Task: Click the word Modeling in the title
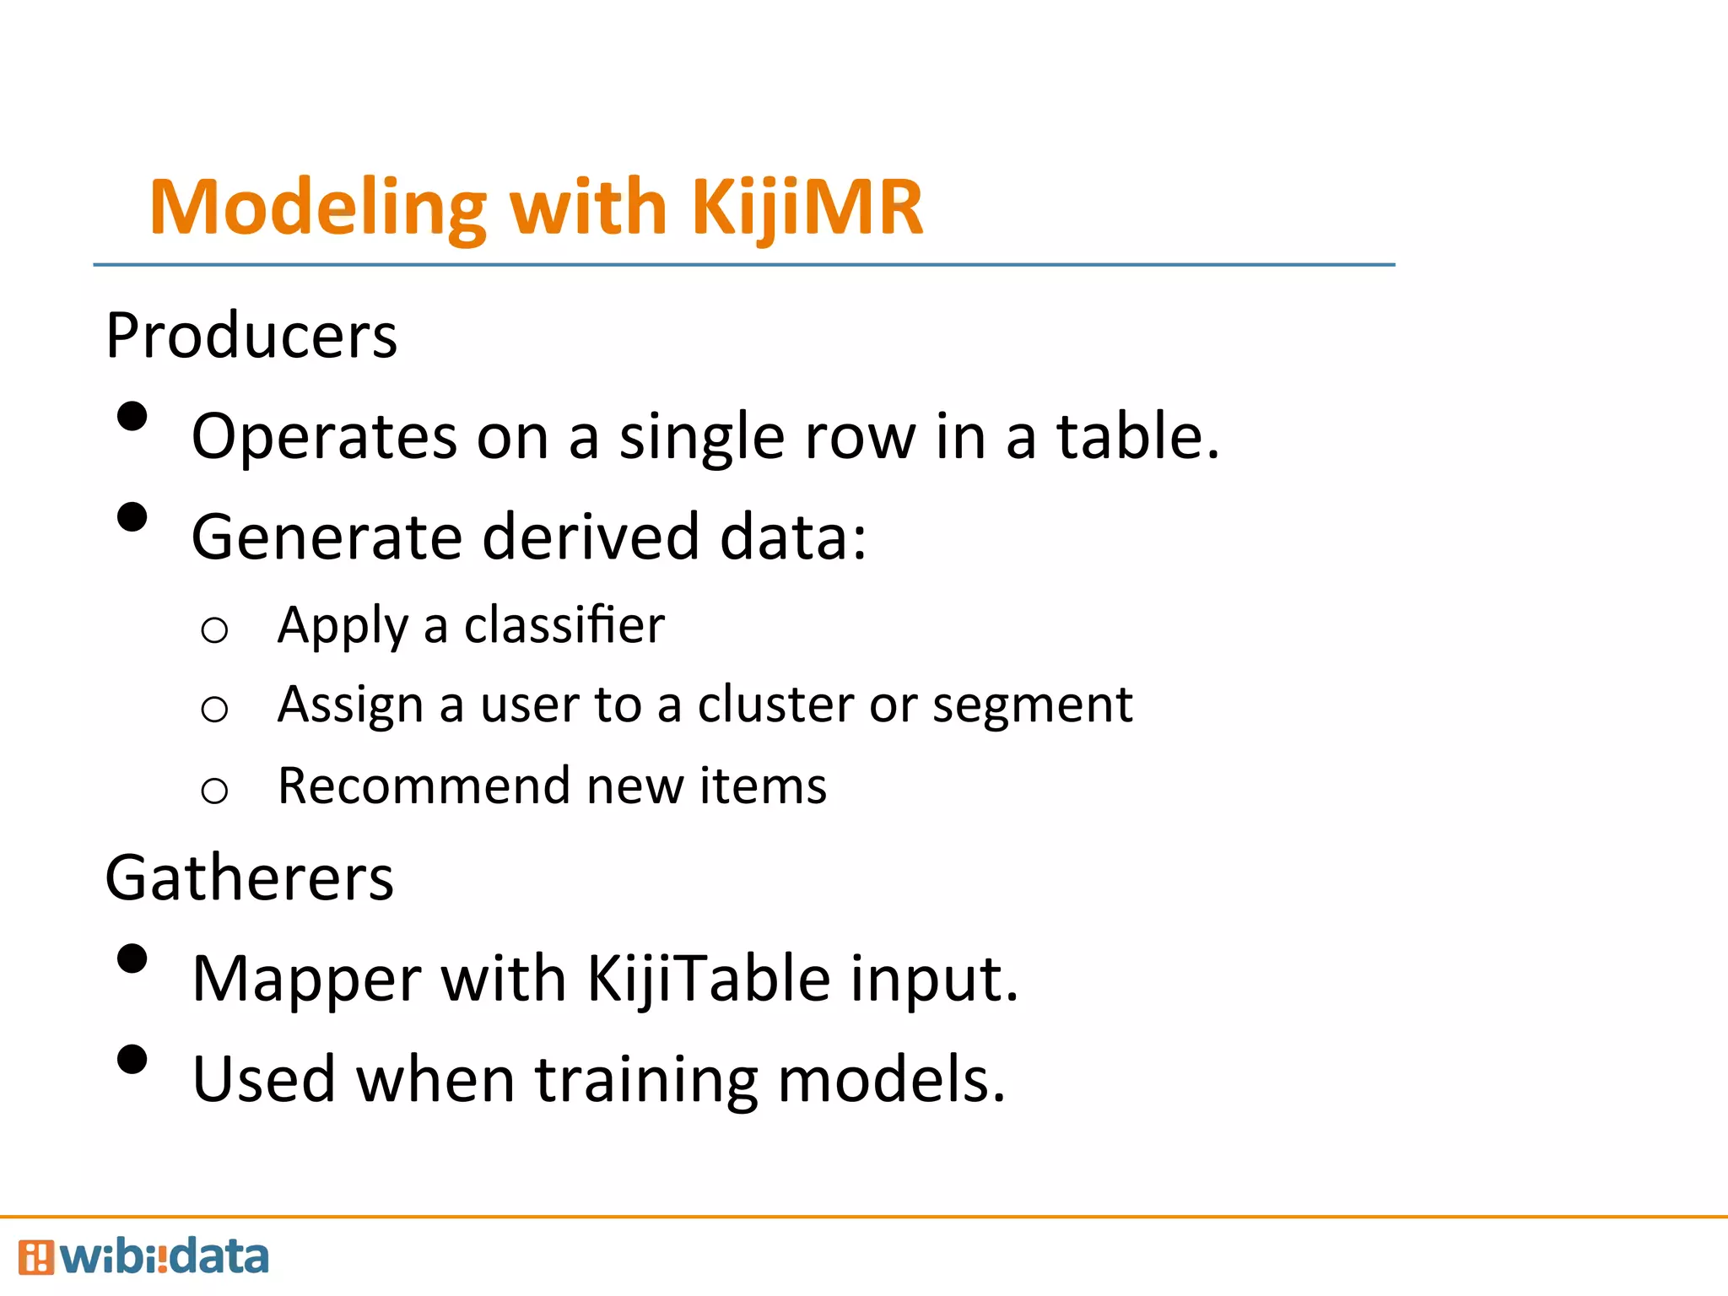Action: (318, 208)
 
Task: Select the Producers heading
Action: (251, 336)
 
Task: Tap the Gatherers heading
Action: (250, 878)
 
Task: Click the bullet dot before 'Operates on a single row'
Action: (132, 417)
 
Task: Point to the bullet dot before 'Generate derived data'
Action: (132, 517)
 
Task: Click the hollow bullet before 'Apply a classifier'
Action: (214, 630)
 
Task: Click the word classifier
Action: (564, 625)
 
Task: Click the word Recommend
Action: (424, 786)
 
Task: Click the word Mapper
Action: (307, 979)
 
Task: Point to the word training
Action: (646, 1080)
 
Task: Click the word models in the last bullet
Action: (891, 1080)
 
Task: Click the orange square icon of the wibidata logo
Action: (36, 1257)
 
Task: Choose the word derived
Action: (591, 537)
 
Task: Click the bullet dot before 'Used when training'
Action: (132, 1060)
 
